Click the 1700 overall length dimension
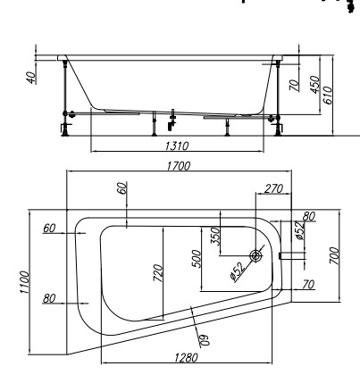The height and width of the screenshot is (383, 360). coord(178,166)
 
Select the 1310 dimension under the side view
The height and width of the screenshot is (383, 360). coord(177,146)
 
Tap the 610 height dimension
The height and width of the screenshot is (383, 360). coord(327,96)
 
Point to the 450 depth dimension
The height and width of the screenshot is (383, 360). coord(315,85)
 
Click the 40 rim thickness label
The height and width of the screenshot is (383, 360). coord(31,78)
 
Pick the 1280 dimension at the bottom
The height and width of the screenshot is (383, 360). coord(186,357)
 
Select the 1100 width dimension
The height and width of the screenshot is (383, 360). coord(25,282)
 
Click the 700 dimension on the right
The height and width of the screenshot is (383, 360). coord(334,255)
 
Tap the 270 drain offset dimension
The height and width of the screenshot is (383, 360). coord(273,188)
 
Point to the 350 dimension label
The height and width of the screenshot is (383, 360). coord(215,236)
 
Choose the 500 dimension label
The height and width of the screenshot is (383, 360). coord(197,259)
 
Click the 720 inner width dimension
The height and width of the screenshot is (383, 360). coord(158,273)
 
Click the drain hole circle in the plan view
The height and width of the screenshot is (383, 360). coord(255,255)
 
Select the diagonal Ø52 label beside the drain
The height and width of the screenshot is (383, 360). coord(239,271)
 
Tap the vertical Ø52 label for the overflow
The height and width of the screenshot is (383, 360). coord(300,230)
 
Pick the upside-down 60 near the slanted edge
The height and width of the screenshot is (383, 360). coord(205,340)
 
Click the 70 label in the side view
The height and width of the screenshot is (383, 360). coord(295,85)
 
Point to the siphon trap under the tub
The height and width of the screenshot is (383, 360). coord(172,121)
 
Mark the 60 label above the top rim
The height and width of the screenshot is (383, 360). coord(122,187)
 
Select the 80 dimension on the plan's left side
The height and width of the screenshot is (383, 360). coord(49,298)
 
